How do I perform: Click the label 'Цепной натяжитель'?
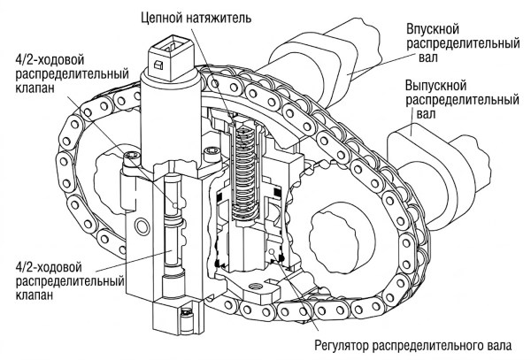(x=196, y=18)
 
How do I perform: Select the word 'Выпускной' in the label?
(x=435, y=85)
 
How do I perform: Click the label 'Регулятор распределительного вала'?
(x=413, y=346)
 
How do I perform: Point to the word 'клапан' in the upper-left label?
(x=35, y=88)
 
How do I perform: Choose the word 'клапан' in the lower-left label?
(x=35, y=295)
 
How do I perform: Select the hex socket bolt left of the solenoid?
(x=132, y=157)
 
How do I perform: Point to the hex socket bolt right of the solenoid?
(x=212, y=150)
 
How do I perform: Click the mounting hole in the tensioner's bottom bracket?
(x=257, y=287)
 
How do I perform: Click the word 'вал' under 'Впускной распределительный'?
(x=428, y=57)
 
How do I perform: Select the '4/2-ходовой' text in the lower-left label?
(x=49, y=267)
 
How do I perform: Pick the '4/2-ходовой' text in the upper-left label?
(x=50, y=60)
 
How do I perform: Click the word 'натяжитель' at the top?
(x=220, y=18)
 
